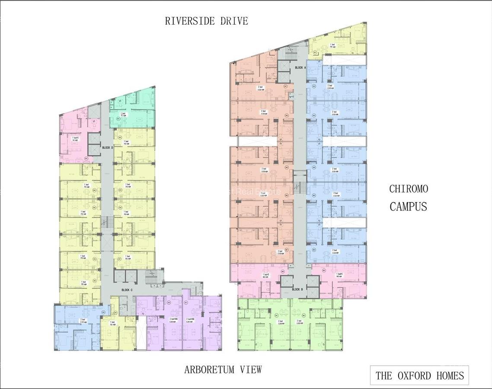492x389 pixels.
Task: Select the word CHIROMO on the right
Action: (409, 189)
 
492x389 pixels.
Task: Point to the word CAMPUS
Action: (409, 207)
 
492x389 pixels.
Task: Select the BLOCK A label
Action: (300, 68)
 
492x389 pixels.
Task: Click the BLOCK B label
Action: (297, 289)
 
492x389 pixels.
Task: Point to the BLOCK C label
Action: (127, 290)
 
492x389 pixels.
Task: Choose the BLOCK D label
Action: (107, 148)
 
